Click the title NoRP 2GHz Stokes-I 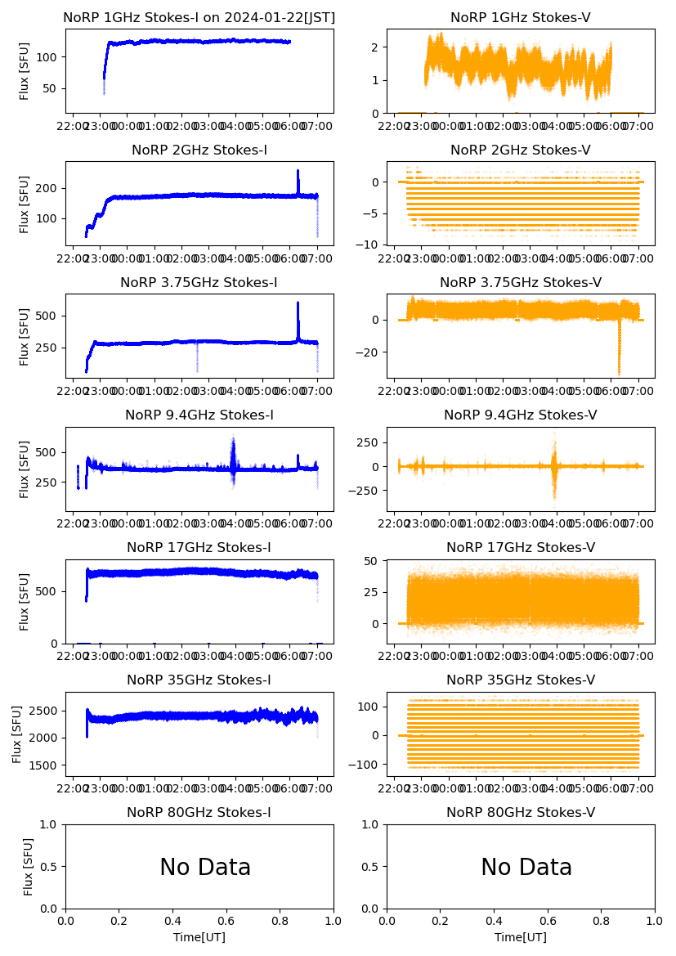[x=199, y=150]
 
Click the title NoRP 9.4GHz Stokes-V [x=521, y=415]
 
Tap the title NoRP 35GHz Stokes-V [x=521, y=680]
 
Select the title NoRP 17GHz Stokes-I [x=199, y=547]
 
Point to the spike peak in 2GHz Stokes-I [x=298, y=172]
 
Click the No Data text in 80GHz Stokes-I [x=205, y=867]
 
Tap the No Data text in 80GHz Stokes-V [x=526, y=867]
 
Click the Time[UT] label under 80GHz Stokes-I [x=199, y=937]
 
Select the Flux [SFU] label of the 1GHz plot [x=25, y=72]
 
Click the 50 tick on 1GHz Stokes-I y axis [x=51, y=88]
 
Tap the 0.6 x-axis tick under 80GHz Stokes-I [x=226, y=921]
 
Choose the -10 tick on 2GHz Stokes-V [x=372, y=245]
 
